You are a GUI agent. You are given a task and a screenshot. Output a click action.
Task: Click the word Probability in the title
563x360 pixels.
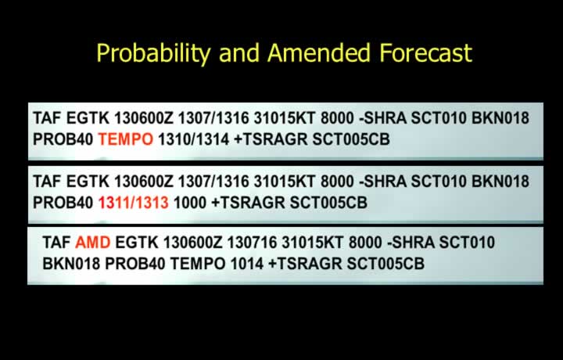(153, 53)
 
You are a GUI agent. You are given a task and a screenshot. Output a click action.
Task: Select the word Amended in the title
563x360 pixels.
(319, 52)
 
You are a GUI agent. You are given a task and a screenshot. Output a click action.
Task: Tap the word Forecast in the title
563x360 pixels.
(426, 52)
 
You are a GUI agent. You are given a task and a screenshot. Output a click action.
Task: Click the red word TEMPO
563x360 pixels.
(126, 139)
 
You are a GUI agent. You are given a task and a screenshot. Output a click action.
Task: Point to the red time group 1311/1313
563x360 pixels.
(133, 203)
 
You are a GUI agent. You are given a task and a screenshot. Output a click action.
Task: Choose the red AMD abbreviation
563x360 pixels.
(92, 243)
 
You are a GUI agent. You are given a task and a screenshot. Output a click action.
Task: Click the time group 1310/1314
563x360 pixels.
(194, 139)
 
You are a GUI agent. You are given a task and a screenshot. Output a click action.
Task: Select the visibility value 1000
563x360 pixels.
(190, 203)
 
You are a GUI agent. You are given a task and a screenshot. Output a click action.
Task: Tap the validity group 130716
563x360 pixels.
(252, 243)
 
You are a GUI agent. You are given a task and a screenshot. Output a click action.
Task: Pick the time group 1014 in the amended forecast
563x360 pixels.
(246, 264)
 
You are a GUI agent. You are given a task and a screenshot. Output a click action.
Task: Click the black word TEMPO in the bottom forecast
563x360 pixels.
(198, 264)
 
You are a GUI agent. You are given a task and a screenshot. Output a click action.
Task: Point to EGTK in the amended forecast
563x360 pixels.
(136, 243)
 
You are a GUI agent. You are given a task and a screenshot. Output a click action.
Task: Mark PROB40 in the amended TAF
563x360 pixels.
(135, 264)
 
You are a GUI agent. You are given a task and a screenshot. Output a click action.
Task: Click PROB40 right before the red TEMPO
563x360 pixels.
(63, 139)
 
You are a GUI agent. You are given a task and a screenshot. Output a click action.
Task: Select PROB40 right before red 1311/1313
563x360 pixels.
(63, 203)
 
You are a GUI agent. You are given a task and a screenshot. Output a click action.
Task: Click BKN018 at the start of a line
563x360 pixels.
(71, 264)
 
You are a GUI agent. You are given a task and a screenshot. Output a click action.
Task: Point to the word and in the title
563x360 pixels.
(238, 52)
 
